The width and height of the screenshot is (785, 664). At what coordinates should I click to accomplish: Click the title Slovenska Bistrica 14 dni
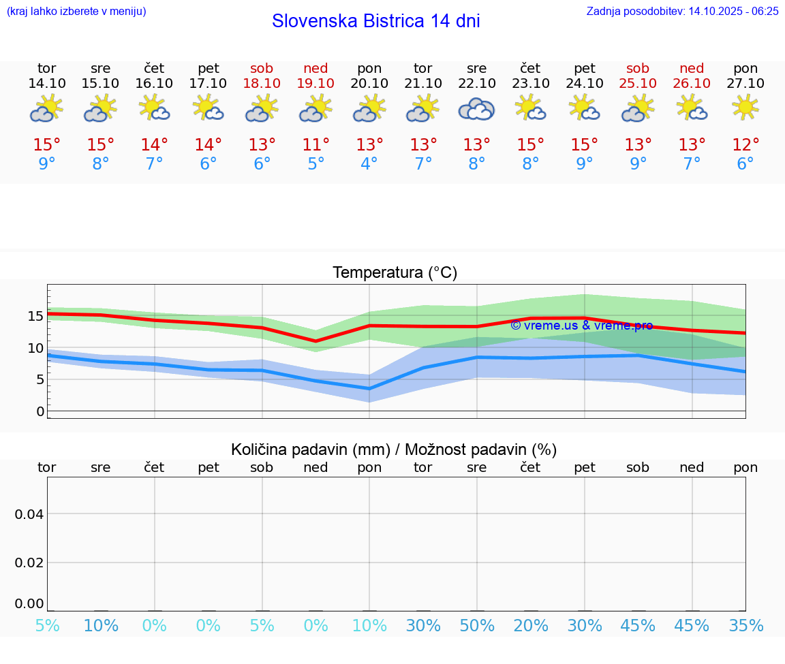(x=375, y=21)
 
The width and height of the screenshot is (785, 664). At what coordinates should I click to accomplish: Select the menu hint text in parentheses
(x=76, y=11)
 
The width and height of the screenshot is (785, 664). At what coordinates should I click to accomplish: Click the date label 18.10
(x=262, y=83)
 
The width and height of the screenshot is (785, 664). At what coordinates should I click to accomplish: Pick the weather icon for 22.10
(x=476, y=108)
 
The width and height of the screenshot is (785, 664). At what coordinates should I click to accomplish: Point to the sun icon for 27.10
(x=745, y=107)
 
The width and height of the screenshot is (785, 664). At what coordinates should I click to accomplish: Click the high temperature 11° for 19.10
(x=315, y=145)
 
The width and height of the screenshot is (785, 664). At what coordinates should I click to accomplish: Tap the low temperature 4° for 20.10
(x=369, y=164)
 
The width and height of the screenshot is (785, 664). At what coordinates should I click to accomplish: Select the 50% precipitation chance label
(x=476, y=625)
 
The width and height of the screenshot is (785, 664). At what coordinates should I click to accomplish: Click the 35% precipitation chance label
(x=745, y=625)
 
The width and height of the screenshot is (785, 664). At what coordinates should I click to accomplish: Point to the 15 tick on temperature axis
(x=35, y=316)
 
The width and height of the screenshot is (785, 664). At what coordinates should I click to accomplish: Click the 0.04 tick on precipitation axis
(x=29, y=514)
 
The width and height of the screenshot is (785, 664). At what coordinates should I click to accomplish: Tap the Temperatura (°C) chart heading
(x=395, y=273)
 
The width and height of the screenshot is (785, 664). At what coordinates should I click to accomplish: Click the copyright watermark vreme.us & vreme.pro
(x=581, y=326)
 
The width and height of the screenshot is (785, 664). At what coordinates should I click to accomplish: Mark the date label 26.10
(x=692, y=83)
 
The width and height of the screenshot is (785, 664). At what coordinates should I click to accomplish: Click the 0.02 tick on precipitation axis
(x=29, y=563)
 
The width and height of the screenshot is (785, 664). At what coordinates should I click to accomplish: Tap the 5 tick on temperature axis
(x=40, y=379)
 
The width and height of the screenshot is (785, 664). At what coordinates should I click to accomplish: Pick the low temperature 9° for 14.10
(x=46, y=164)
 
